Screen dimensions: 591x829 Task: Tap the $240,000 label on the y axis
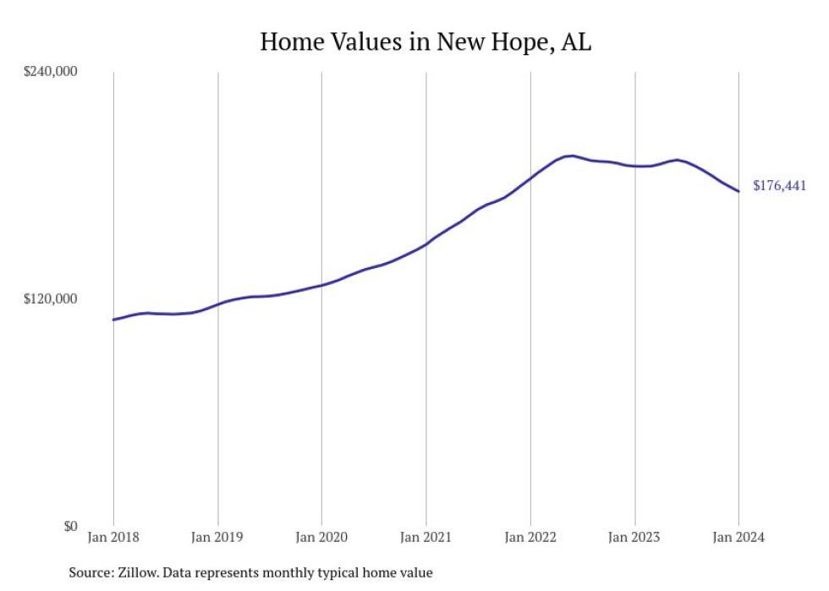pos(49,71)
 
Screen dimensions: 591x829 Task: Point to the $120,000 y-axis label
pos(49,298)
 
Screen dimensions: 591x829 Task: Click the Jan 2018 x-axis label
pos(113,538)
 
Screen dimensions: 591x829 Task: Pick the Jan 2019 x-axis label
pos(217,538)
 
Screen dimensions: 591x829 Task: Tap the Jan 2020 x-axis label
pos(321,538)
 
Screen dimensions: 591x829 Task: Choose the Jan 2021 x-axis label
pos(425,538)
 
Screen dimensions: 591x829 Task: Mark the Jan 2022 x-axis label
pos(530,538)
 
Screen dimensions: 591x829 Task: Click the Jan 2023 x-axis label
pos(634,538)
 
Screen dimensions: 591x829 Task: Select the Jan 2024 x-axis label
pos(738,538)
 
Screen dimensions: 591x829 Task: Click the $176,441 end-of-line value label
pos(779,187)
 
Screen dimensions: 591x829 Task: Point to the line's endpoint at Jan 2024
pos(738,191)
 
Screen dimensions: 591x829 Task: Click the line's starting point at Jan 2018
pos(113,320)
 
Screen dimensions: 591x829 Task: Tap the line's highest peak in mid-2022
pos(573,156)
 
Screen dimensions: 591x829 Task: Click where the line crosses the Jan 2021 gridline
pos(426,244)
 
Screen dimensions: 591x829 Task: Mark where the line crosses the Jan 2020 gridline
pos(321,285)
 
